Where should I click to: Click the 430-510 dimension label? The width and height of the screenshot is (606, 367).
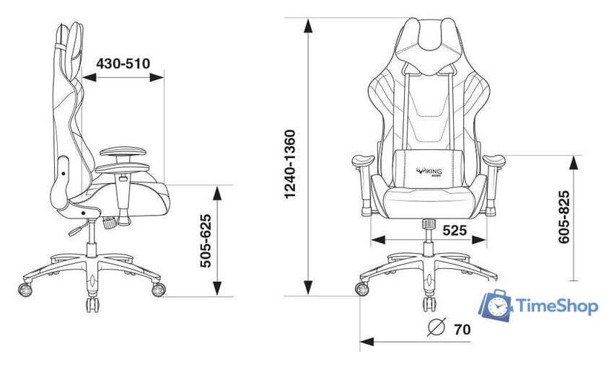[x=123, y=63]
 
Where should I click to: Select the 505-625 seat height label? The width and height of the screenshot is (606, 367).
[x=206, y=241]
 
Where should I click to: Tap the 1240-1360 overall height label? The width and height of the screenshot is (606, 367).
[x=289, y=164]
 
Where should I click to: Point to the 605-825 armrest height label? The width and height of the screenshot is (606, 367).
[x=564, y=217]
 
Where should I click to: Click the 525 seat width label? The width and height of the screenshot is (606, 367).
[x=454, y=230]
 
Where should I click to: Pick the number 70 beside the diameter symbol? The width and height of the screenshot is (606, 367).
[x=462, y=330]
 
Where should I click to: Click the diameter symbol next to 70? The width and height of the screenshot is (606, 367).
[x=437, y=327]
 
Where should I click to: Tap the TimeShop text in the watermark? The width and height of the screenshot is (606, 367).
[x=557, y=306]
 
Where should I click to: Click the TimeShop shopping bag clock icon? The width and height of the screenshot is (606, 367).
[x=496, y=305]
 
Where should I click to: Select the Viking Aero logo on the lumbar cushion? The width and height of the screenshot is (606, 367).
[x=429, y=171]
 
